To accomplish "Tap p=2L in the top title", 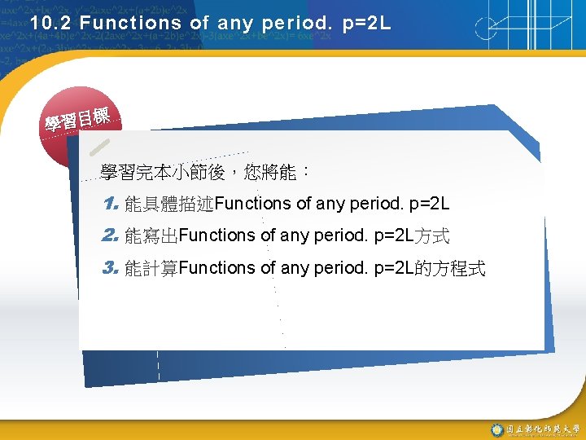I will point(366,24).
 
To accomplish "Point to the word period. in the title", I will point(295,24).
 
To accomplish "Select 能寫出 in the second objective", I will point(151,236).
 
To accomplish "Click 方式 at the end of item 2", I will point(432,236).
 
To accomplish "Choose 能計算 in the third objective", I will point(151,269).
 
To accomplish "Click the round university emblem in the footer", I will point(496,429).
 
